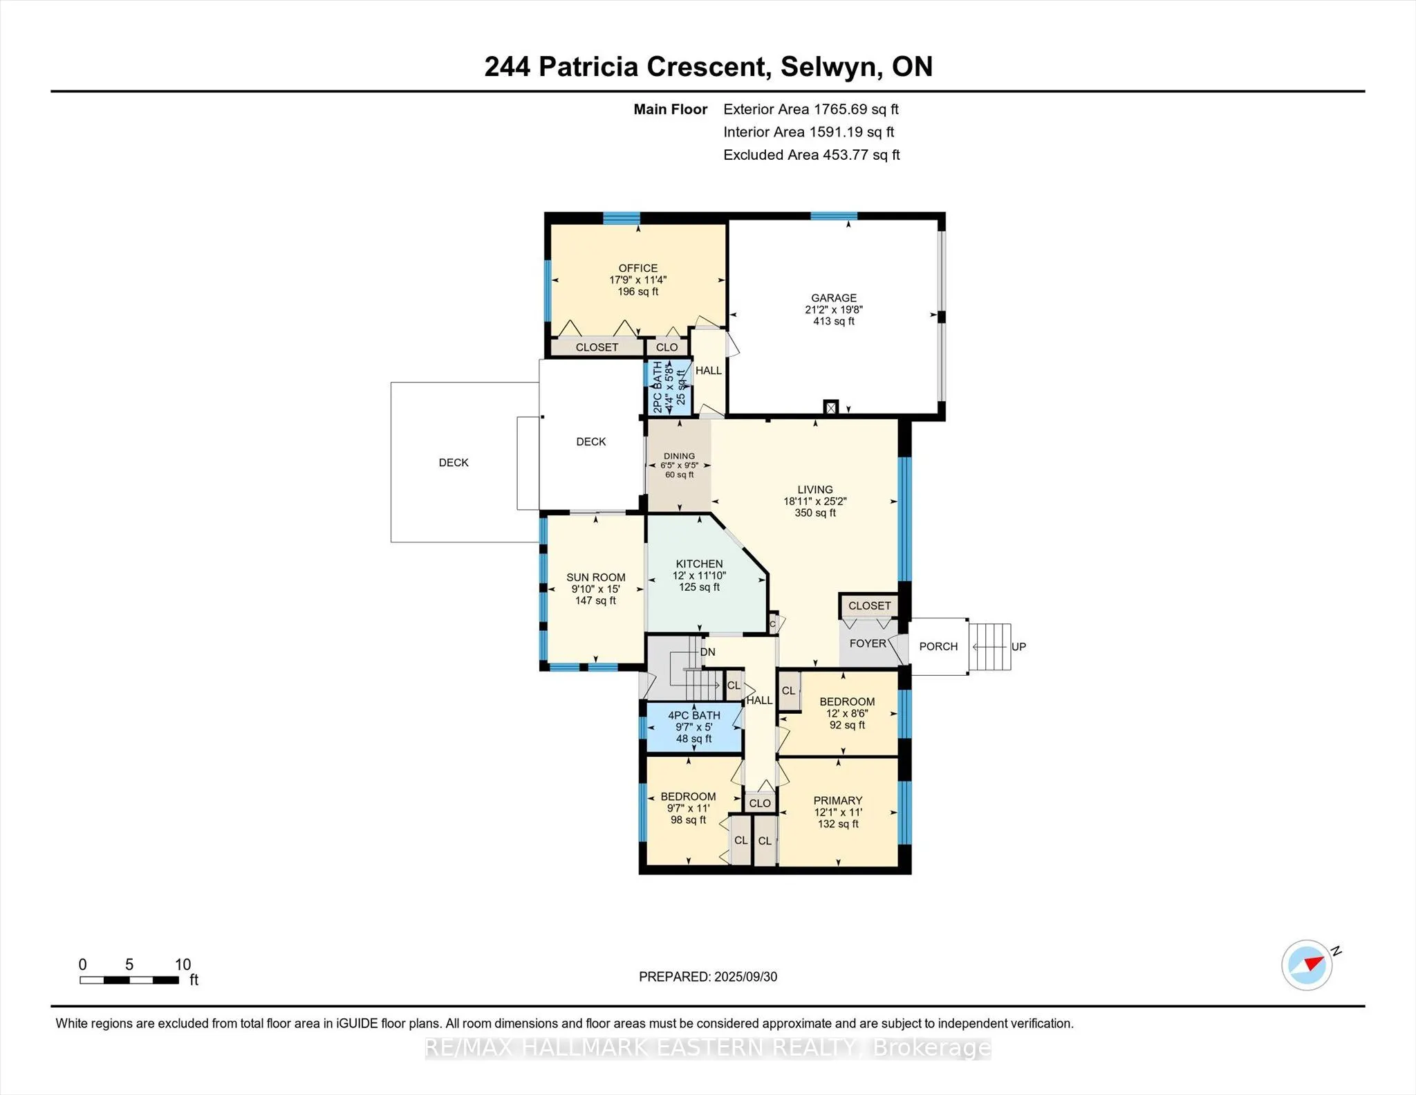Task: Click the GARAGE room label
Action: click(833, 298)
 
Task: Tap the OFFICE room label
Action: click(637, 268)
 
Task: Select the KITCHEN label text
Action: click(699, 564)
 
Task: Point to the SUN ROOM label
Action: click(595, 577)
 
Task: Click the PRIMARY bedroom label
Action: click(837, 800)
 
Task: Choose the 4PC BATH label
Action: click(693, 715)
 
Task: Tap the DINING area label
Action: click(679, 456)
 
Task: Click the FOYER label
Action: click(867, 643)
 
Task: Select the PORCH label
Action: click(938, 646)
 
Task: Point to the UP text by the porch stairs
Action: click(1018, 647)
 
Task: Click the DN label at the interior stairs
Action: click(707, 652)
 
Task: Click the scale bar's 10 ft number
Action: click(183, 964)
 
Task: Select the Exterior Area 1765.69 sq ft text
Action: click(810, 109)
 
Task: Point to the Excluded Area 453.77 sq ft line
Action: click(811, 155)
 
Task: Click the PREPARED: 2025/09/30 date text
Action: click(707, 977)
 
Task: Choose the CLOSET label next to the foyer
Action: click(869, 606)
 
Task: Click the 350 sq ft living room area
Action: click(814, 513)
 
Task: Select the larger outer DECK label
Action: click(454, 463)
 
